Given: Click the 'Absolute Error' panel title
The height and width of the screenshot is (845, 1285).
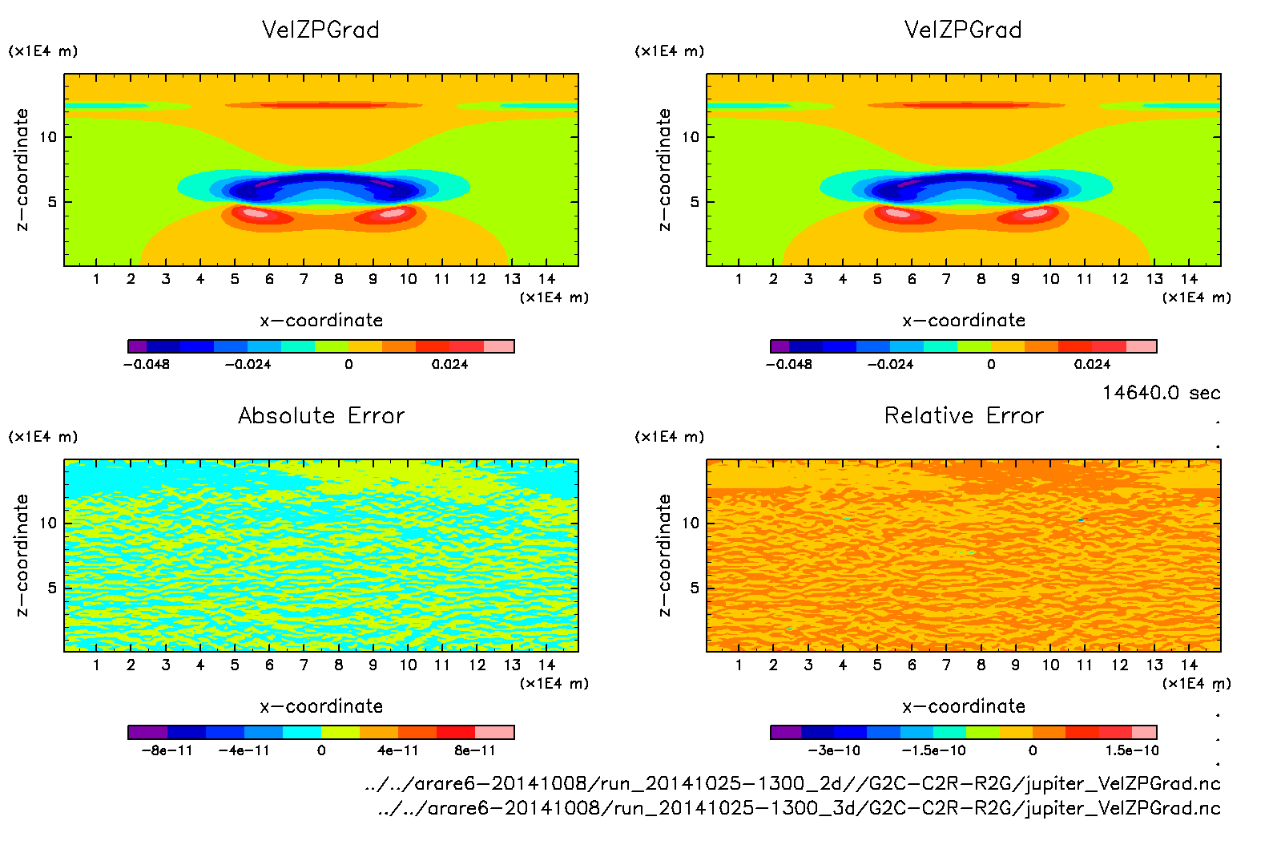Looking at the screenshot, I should coord(321,415).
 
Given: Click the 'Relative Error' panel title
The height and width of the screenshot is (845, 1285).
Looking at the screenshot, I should coord(964,415).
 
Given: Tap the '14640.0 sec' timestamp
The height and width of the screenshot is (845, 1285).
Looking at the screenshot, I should coord(1161,393).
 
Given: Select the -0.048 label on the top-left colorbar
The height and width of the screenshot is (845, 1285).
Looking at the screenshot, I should coord(147,364).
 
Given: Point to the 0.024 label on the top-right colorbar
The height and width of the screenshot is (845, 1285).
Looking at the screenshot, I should coord(1092,364).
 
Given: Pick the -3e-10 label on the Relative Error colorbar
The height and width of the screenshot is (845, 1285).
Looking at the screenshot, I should coord(834,750).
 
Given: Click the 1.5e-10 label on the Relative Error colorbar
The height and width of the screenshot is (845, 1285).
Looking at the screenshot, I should coord(1132,750).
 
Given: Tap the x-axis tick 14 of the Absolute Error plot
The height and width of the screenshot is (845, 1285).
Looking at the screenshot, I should coord(546,665).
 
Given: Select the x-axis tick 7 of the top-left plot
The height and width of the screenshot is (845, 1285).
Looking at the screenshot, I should coord(304,279).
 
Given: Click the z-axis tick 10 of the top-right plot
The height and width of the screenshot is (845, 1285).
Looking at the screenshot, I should coord(691,137).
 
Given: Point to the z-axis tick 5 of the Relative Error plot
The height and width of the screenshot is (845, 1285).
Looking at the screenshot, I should coord(695,588).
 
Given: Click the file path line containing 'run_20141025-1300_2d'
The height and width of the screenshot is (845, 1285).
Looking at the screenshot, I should coord(792,783).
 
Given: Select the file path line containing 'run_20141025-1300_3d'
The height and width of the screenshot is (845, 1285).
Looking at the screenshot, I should coord(799,808).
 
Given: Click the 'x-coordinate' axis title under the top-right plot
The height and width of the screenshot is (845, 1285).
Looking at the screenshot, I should coord(964,320).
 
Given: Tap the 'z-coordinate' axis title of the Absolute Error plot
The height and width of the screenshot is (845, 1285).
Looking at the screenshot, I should coord(22,555).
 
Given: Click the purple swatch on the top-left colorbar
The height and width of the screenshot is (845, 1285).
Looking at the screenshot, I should coord(137,346).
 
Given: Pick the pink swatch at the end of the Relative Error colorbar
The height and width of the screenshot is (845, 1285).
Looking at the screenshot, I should coord(1144,732).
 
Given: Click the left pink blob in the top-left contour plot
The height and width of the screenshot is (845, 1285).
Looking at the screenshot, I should coord(255,213).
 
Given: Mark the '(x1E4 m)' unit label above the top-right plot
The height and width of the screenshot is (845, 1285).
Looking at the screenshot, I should coord(670,51).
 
